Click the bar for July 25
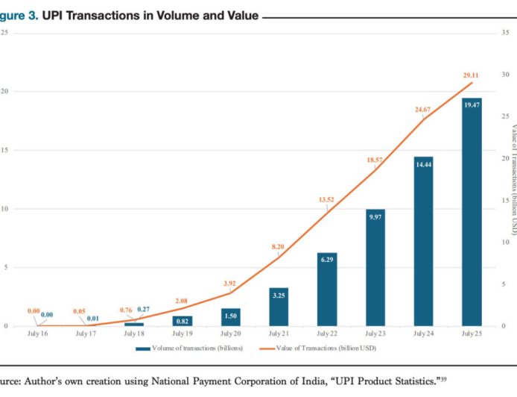coord(472,216)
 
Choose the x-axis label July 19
coord(183,334)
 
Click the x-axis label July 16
coord(37,334)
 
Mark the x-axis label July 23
coord(375,334)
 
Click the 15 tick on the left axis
coord(4,149)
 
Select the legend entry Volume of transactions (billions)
coord(191,348)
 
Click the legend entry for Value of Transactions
coord(321,348)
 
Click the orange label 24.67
coord(422,110)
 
